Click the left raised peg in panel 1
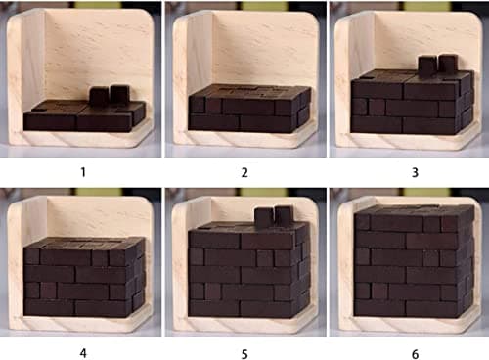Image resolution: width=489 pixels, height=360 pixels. (x=99, y=95)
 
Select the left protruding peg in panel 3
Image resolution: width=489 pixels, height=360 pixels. (x=426, y=65)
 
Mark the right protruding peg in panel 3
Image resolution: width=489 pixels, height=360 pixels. (x=448, y=65)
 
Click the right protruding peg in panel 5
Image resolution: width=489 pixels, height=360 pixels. (x=283, y=216)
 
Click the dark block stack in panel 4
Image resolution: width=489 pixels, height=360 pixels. (x=82, y=276)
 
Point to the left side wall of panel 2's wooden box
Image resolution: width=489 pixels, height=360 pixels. (x=181, y=73)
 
